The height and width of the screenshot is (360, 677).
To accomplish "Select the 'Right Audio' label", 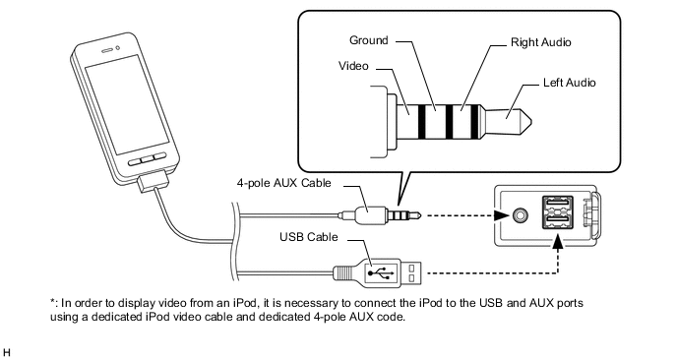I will click(x=541, y=44).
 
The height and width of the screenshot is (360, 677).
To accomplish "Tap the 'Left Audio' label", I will click(x=569, y=83).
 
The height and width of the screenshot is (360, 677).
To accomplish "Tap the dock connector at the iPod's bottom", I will click(x=155, y=183).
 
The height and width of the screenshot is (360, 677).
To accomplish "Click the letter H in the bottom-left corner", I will click(x=8, y=350).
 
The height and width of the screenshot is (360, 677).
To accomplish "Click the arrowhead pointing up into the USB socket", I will click(x=559, y=246).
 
